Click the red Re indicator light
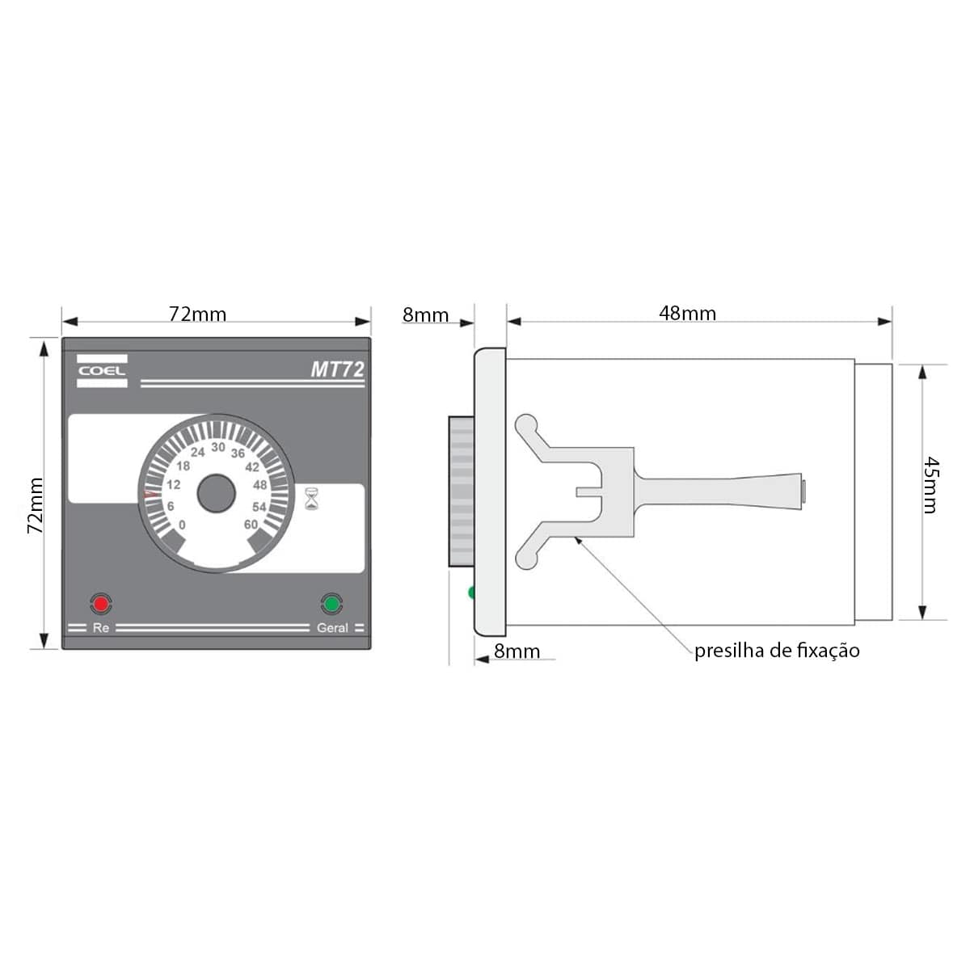101,603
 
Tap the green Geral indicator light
331,603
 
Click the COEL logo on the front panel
102,371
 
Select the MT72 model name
337,370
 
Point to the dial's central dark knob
216,494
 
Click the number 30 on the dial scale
218,447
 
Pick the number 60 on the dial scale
251,525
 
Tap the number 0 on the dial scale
182,525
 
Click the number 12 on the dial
174,485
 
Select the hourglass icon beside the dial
311,498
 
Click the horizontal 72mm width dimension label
197,314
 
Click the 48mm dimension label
687,313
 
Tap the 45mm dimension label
930,485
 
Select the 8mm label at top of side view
425,315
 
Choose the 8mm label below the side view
517,651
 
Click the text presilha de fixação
777,651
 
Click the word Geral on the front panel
332,628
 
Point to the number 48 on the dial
259,486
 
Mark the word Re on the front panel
101,628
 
